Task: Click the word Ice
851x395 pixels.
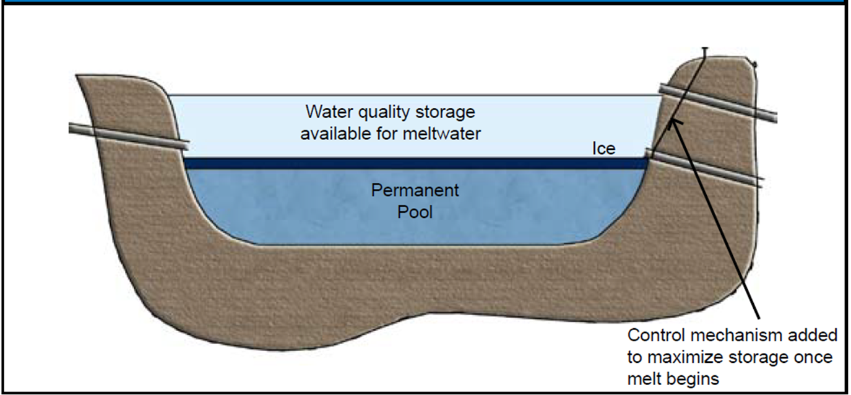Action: (603, 148)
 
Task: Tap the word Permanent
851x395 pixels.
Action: (415, 190)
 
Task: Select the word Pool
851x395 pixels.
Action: (415, 212)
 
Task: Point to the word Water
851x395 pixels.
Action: (330, 112)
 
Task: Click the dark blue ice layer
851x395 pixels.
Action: (415, 163)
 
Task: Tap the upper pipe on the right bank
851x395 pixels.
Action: (718, 103)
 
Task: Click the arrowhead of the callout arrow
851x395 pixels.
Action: (673, 123)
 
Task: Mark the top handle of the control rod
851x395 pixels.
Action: (705, 49)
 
